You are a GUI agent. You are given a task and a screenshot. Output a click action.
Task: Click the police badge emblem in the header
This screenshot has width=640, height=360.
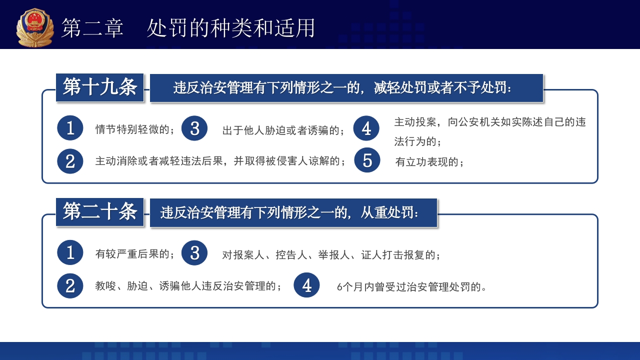[35, 27]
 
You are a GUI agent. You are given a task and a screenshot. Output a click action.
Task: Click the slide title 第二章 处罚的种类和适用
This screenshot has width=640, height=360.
[188, 28]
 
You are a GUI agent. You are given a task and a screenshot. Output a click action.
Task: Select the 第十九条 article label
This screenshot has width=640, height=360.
[100, 87]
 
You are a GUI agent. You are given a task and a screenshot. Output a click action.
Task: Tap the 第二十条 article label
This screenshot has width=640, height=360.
[100, 212]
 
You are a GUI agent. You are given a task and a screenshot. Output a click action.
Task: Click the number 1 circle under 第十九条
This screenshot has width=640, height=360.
[70, 128]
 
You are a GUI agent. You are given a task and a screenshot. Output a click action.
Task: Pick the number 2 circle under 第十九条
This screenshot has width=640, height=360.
[70, 161]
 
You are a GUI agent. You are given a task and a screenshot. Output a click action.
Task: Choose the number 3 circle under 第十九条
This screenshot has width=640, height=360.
[194, 128]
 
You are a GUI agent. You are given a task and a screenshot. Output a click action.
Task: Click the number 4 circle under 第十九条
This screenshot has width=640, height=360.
[366, 128]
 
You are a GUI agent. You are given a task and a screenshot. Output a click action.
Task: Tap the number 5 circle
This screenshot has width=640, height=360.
[367, 160]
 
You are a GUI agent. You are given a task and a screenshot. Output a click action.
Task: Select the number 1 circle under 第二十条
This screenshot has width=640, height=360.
[70, 252]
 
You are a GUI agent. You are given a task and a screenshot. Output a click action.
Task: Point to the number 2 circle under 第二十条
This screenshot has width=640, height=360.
[70, 285]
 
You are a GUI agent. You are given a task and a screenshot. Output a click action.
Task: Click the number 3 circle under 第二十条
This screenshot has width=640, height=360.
[194, 252]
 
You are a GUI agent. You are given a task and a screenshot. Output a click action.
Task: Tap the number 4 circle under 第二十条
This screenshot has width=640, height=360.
[306, 285]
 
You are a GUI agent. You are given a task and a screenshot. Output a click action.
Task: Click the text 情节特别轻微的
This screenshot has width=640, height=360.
[135, 130]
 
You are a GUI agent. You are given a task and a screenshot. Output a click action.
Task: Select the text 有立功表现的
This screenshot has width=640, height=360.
[429, 162]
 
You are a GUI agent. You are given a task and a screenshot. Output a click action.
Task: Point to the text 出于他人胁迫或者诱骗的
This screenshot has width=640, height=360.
[283, 130]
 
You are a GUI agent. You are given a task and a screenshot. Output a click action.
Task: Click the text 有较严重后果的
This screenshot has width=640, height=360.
[135, 254]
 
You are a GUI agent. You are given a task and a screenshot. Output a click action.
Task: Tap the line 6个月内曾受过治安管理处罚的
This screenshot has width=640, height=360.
[412, 287]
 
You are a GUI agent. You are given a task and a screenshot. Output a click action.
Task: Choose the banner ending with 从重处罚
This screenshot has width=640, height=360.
[293, 213]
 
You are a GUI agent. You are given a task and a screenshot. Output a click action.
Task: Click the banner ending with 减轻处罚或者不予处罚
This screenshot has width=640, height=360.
[346, 88]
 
